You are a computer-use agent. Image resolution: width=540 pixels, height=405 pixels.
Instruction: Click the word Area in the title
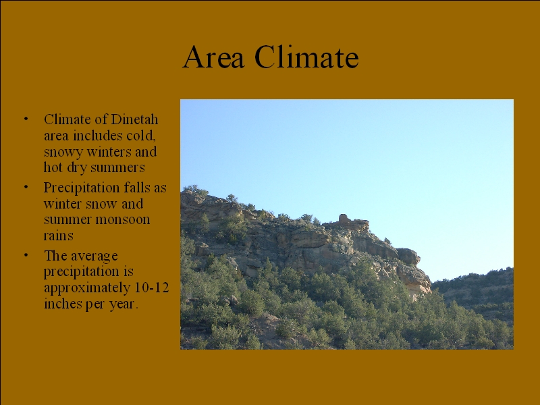click(x=213, y=57)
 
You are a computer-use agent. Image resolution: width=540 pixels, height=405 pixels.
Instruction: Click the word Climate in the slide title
click(x=307, y=57)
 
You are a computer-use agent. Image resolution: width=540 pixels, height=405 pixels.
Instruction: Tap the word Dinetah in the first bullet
click(x=134, y=119)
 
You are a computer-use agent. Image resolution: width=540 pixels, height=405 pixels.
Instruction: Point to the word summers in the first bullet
click(x=117, y=168)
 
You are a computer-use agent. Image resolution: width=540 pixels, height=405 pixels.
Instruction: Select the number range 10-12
click(x=151, y=288)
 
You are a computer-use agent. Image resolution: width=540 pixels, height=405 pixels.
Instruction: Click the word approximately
click(x=87, y=289)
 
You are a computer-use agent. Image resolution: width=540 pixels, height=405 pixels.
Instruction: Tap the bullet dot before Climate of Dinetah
click(x=26, y=119)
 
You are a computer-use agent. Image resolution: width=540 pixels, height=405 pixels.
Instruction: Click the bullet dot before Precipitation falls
click(x=26, y=188)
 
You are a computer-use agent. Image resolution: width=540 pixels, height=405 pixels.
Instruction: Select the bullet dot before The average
click(x=26, y=256)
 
